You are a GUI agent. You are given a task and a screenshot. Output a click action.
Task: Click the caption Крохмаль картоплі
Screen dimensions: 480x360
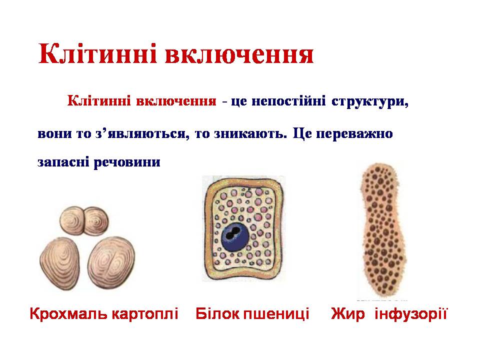pos(104,314)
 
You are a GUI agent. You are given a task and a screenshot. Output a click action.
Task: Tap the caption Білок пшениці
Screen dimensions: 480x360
pos(252,314)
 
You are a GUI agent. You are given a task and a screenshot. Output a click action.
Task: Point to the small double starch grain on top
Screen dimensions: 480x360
pos(84,220)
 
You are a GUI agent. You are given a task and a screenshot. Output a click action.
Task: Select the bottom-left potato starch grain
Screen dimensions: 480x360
pos(62,262)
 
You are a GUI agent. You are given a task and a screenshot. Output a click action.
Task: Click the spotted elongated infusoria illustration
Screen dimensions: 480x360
pos(381,230)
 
